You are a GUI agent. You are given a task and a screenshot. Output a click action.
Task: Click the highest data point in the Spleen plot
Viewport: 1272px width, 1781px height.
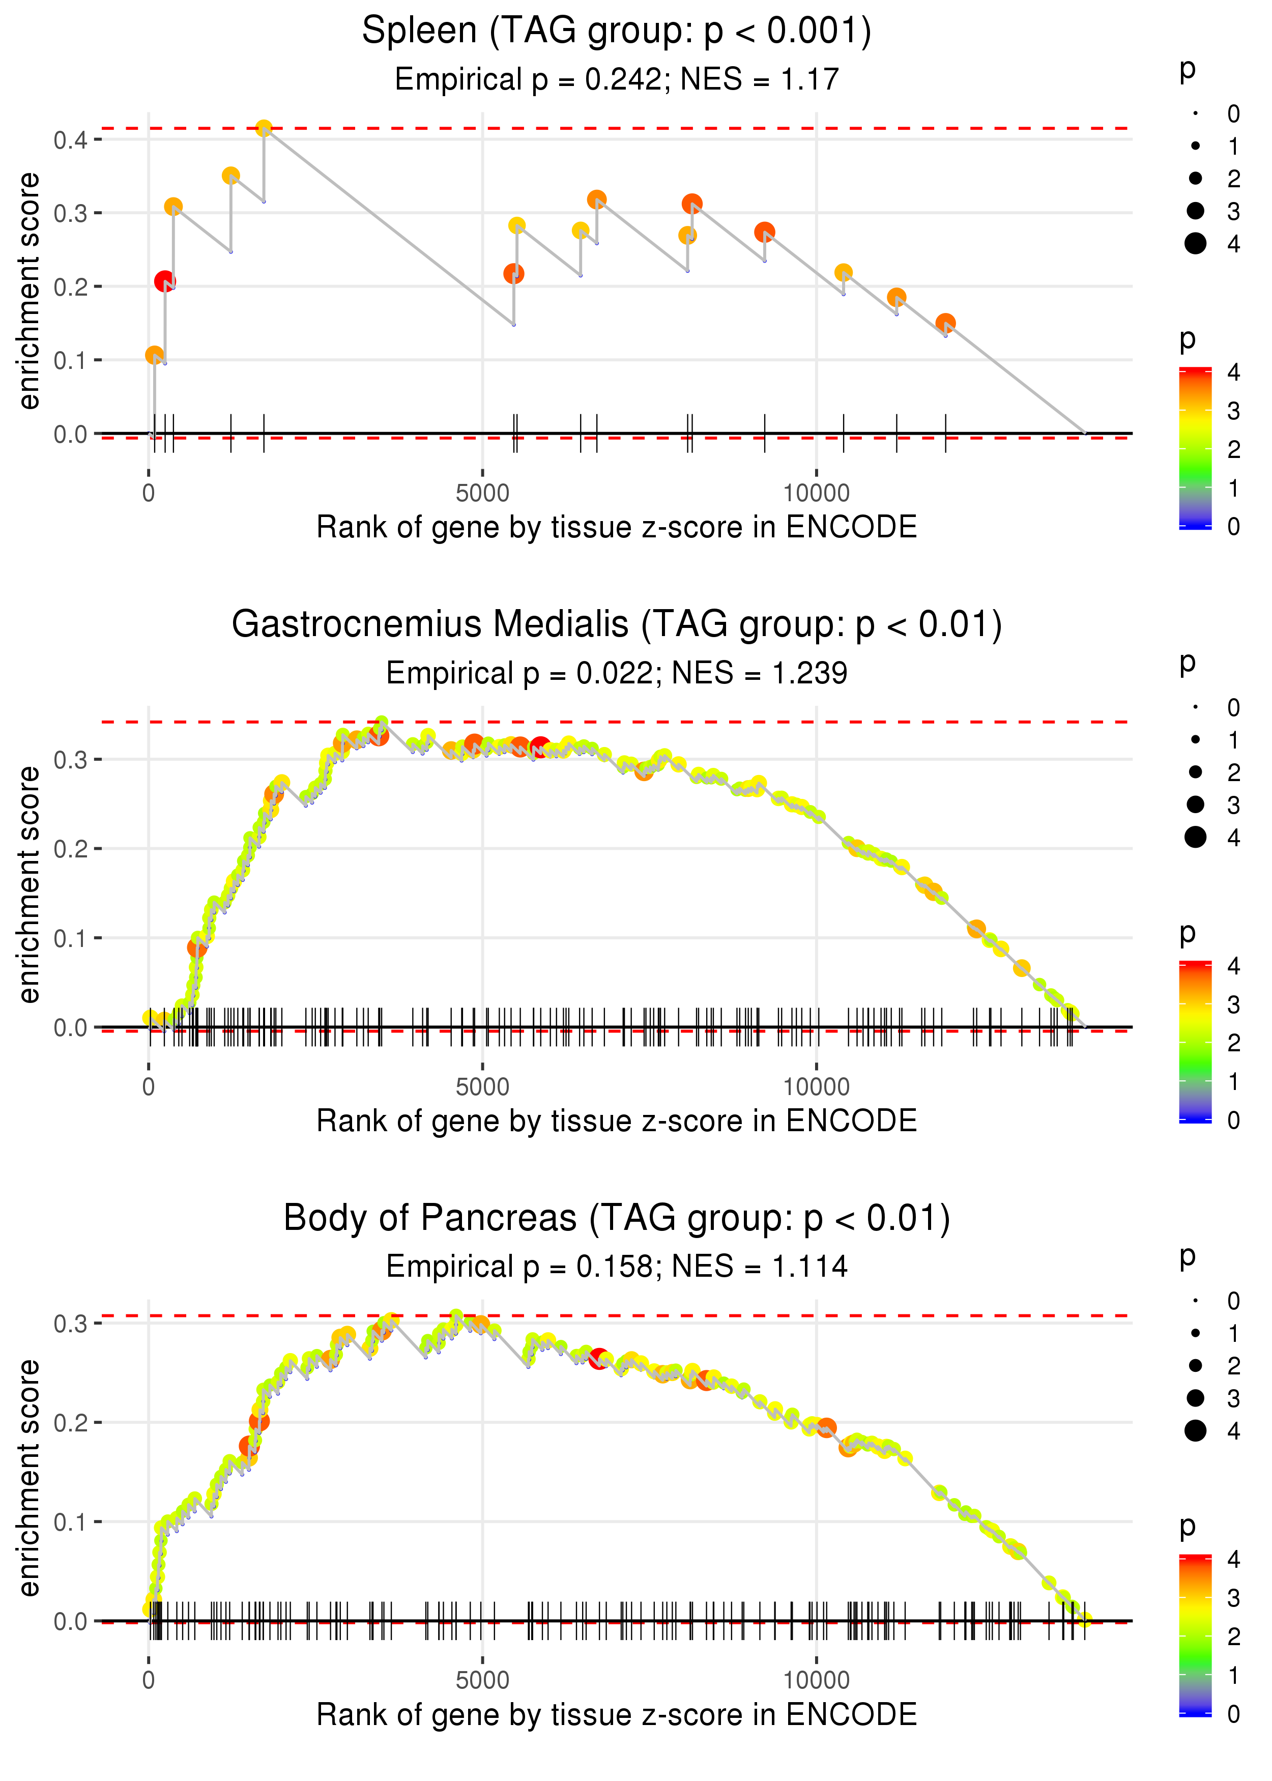(264, 128)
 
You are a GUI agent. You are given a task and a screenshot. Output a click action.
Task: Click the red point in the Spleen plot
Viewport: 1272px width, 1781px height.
(164, 281)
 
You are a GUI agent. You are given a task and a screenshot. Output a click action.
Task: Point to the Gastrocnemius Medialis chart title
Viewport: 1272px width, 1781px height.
(617, 625)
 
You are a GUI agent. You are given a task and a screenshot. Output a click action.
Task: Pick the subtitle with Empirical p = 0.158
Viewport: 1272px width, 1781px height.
(617, 1267)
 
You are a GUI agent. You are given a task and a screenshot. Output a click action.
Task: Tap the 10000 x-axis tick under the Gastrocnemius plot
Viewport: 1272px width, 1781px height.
(816, 1087)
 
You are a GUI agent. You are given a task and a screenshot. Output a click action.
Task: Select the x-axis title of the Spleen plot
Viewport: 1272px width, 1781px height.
(617, 528)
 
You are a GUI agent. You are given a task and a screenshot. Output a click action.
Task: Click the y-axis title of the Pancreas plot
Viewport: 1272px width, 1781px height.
(29, 1477)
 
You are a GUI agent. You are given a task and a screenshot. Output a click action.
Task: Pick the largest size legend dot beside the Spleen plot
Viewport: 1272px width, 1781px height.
(1195, 244)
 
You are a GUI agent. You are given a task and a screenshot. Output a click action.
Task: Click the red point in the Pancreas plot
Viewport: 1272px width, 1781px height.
(599, 1359)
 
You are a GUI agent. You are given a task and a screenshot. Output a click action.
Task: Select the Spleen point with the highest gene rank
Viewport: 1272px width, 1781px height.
(945, 324)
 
